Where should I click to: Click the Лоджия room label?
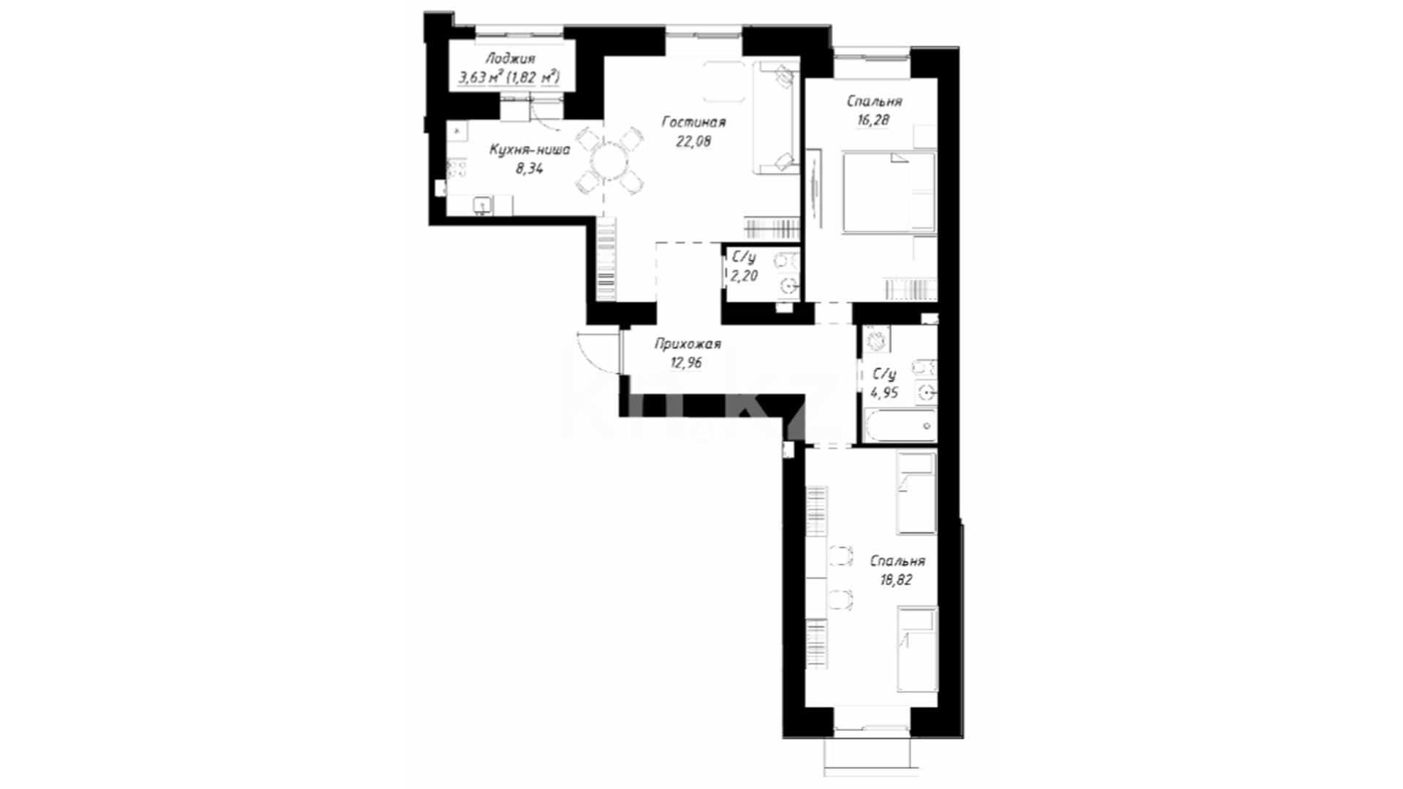tap(510, 59)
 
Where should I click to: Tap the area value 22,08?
tap(693, 141)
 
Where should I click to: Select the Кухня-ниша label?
tap(529, 150)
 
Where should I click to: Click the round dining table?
tap(609, 160)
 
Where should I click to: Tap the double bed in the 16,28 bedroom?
tap(889, 193)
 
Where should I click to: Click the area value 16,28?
tap(873, 121)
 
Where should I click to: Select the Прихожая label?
tap(687, 343)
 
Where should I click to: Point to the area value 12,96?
tap(687, 362)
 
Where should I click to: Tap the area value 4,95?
tap(884, 392)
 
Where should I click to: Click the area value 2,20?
tap(744, 275)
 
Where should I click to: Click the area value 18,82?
tap(896, 580)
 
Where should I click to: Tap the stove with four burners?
tap(457, 169)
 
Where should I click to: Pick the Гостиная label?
tap(693, 122)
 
